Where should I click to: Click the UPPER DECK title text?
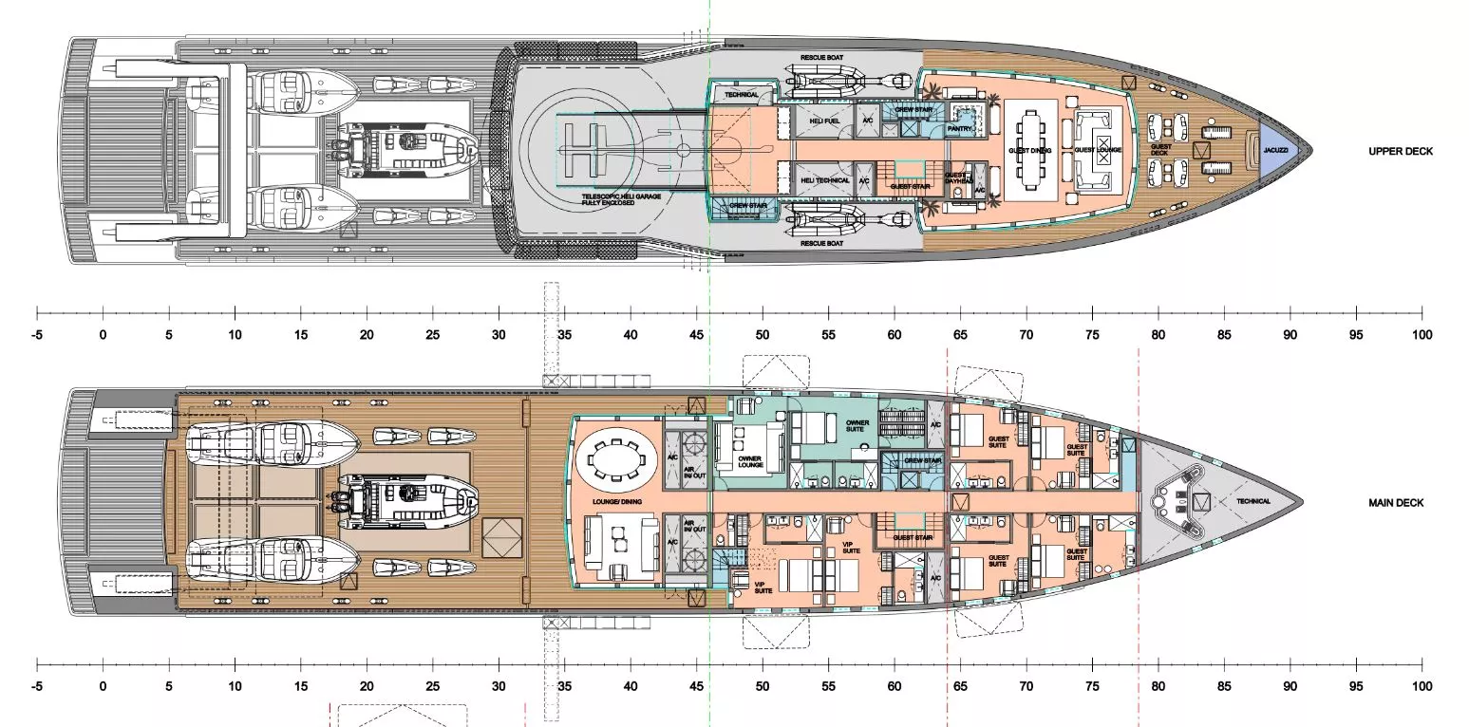coord(1401,152)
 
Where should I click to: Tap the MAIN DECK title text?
coord(1396,503)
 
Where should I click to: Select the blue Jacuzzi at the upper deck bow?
coord(1274,150)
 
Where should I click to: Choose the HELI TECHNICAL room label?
coord(825,180)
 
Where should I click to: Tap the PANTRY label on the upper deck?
coord(958,129)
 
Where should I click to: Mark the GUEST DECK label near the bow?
coord(1160,149)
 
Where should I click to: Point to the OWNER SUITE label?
coord(857,424)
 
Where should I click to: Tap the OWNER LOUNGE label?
coord(750,462)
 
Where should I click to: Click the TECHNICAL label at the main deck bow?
coord(1253,501)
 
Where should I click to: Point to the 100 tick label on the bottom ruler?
coord(1422,685)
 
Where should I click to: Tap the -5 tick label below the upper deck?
coord(36,335)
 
